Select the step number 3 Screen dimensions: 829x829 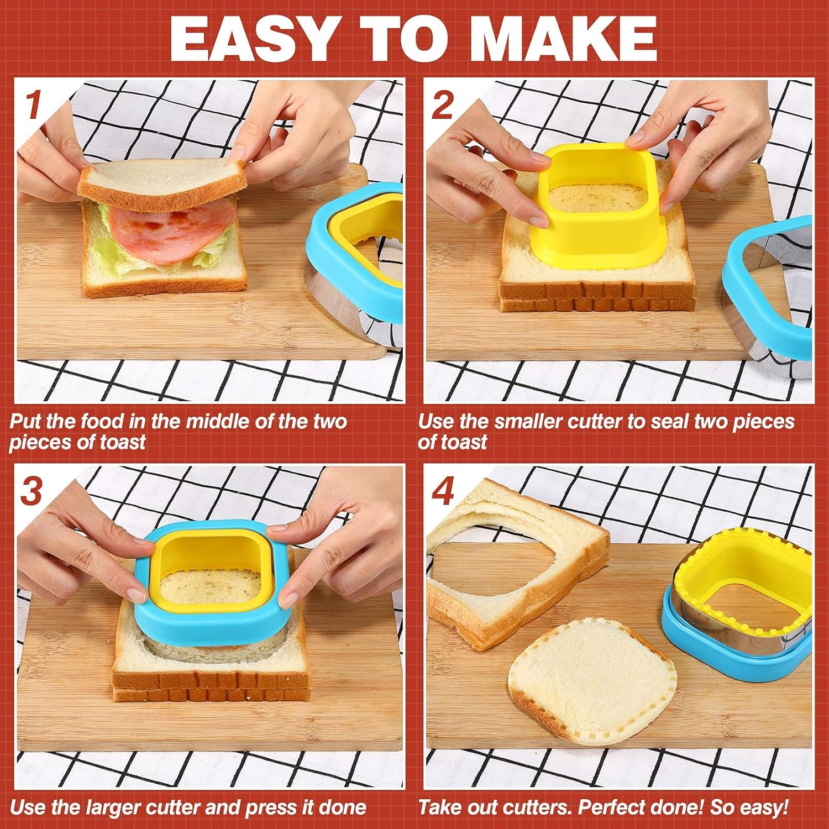pyautogui.click(x=32, y=490)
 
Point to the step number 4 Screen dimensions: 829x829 pyautogui.click(x=443, y=490)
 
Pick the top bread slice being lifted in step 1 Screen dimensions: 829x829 pyautogui.click(x=161, y=180)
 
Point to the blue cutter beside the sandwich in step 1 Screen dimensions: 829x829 pyautogui.click(x=354, y=265)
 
